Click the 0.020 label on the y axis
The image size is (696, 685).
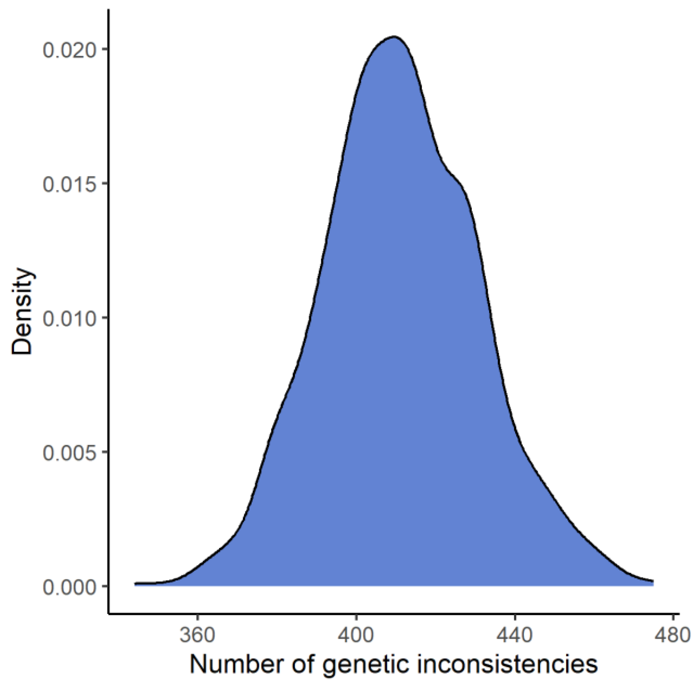(70, 50)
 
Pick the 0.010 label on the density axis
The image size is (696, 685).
(70, 318)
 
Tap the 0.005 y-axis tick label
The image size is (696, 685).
(70, 452)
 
